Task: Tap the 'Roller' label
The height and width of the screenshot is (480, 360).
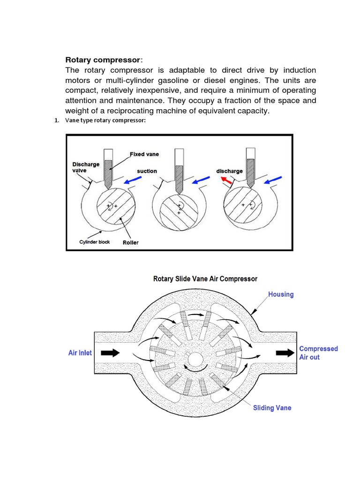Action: [131, 243]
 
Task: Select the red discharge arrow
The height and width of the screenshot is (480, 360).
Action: [227, 180]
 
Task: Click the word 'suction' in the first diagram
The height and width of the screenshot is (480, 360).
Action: [147, 171]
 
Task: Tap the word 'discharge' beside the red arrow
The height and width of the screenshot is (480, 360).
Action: [229, 171]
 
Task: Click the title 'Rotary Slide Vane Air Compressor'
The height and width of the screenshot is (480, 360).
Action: [205, 278]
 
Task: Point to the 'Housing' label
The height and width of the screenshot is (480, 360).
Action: [281, 294]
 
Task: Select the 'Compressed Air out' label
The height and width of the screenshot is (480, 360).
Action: [318, 352]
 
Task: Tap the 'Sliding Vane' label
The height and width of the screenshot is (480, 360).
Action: [272, 407]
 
